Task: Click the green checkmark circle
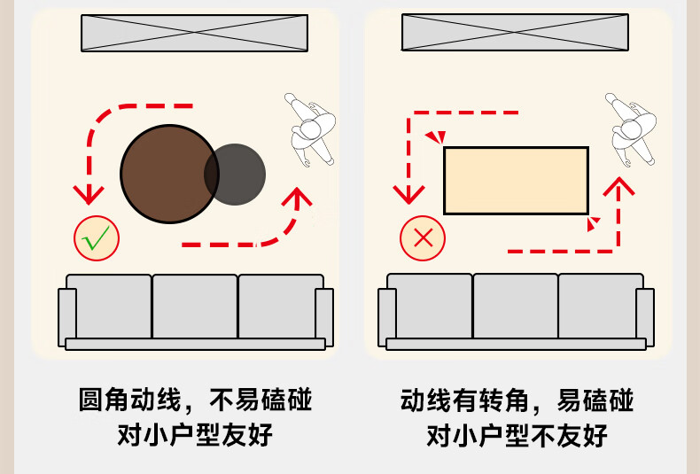tap(97, 237)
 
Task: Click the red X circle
tap(423, 238)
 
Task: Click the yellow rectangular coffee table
tap(516, 181)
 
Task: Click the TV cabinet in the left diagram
tap(194, 33)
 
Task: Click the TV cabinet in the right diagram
tap(515, 33)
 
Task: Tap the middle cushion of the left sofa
tap(195, 306)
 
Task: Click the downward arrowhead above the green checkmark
tap(88, 193)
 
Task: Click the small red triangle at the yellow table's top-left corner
tap(434, 138)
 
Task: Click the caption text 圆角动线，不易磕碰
tap(195, 400)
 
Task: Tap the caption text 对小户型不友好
tap(517, 436)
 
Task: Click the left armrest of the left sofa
tap(67, 316)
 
